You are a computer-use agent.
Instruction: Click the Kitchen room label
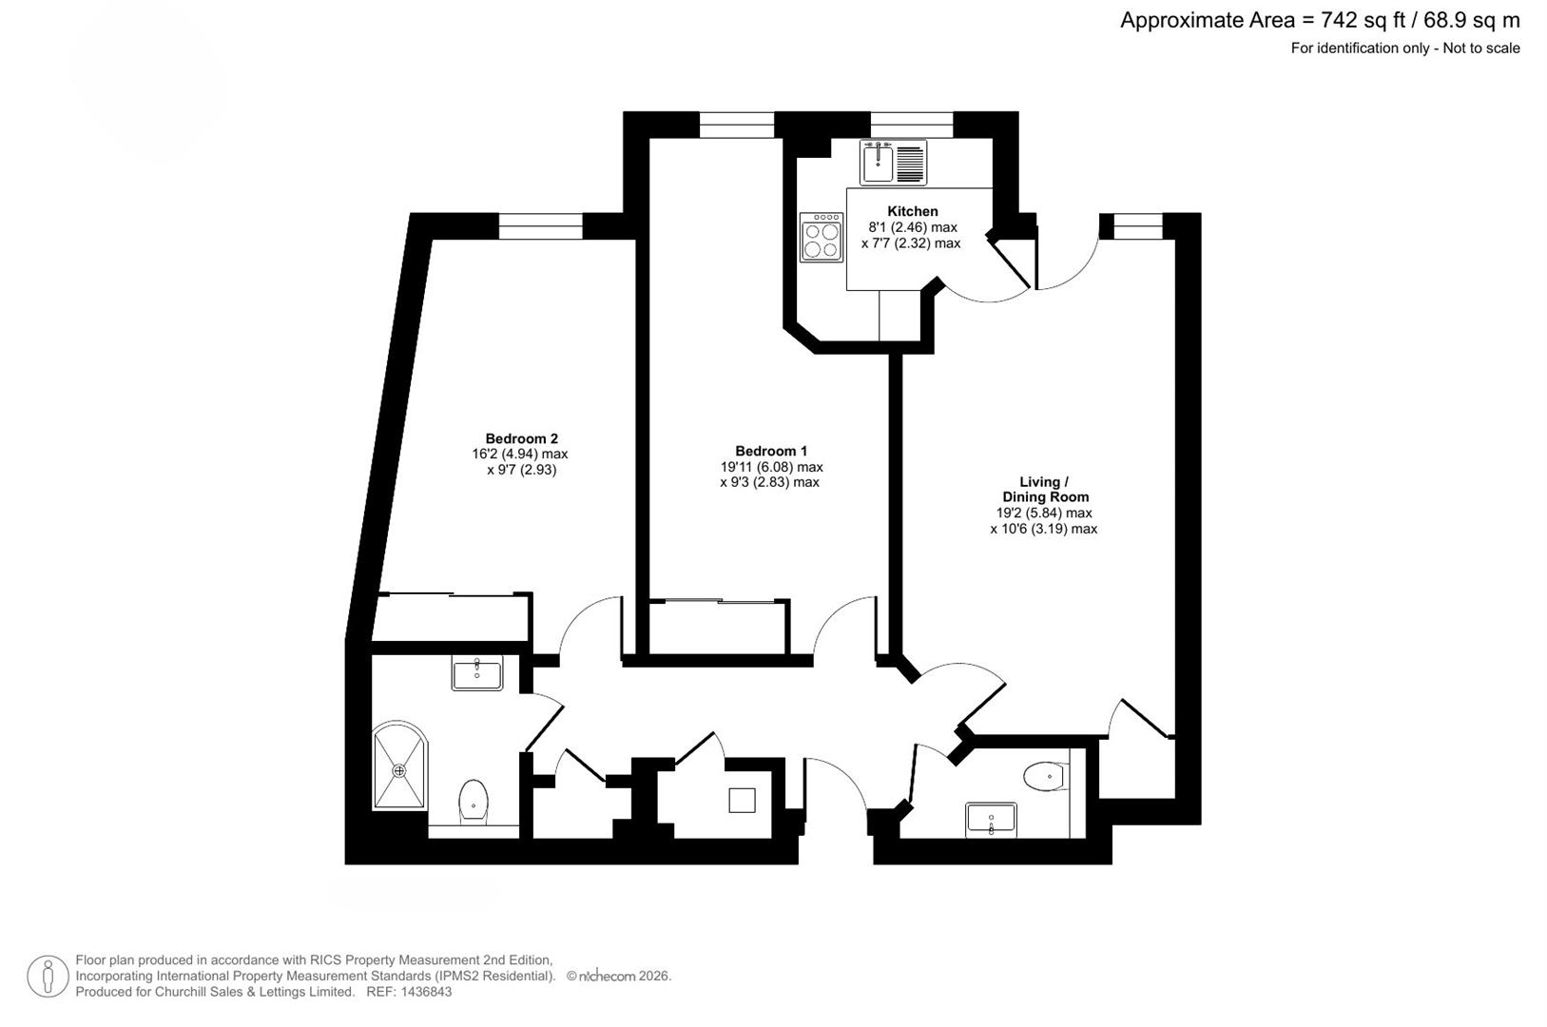(912, 211)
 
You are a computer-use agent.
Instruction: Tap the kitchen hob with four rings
(822, 237)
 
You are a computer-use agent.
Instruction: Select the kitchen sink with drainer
(893, 163)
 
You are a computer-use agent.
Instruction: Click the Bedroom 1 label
(770, 451)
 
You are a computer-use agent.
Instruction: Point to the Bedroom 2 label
(521, 438)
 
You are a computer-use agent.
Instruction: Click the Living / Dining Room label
(1045, 489)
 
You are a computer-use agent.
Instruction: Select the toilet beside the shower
(474, 800)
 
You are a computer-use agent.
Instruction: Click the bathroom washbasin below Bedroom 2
(477, 674)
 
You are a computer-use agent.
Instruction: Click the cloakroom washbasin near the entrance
(991, 819)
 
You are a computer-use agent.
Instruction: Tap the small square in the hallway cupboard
(742, 800)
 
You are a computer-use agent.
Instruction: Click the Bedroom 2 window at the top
(540, 225)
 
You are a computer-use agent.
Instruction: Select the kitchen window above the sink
(911, 118)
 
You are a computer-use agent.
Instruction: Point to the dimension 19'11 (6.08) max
(771, 467)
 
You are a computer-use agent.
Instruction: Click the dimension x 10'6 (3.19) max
(1043, 529)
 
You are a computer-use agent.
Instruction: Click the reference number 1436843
(426, 992)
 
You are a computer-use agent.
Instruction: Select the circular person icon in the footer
(48, 977)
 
